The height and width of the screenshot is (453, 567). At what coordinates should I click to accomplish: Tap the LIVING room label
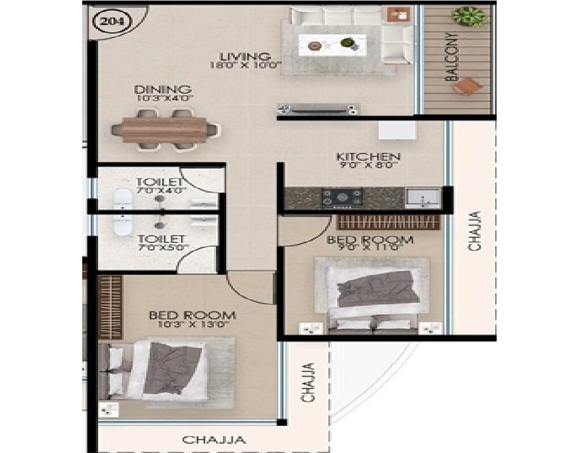coord(245,57)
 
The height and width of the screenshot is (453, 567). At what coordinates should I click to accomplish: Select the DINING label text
coord(163,89)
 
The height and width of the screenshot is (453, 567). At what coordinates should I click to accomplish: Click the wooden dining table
coord(164,130)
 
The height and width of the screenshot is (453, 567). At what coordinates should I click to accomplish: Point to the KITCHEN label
coord(369,157)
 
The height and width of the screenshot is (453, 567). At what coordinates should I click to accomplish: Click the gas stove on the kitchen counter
coord(342,197)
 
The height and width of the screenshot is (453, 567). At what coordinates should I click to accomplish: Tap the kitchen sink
coord(422,198)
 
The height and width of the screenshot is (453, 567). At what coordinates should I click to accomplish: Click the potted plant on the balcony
coord(469,16)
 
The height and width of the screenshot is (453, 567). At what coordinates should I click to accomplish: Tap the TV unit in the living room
coord(318,109)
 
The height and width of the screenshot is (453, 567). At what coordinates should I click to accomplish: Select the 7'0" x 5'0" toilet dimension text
coord(160,248)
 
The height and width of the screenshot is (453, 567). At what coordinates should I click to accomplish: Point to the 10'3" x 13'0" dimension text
coord(192,324)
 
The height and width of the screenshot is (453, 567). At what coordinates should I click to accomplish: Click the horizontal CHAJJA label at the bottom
coord(214,439)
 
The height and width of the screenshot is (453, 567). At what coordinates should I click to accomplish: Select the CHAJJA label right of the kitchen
coord(475,230)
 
